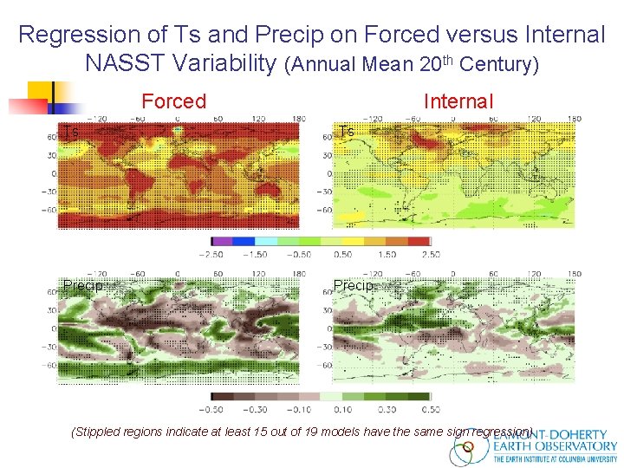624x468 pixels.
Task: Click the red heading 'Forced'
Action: tap(173, 101)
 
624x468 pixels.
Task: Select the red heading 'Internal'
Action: tap(458, 101)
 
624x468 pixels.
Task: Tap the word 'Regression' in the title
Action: tap(68, 35)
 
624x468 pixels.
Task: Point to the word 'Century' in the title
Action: tap(497, 64)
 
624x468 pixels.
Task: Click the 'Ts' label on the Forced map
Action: tap(71, 132)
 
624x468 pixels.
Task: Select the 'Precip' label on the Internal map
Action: tap(354, 286)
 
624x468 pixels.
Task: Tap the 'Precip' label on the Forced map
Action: tap(83, 286)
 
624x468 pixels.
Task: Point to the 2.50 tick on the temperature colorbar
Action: tap(430, 255)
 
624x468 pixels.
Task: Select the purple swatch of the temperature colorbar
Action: tap(223, 241)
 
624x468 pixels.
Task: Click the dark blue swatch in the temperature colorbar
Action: tap(244, 241)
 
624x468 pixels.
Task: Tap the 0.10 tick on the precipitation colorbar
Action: tap(343, 409)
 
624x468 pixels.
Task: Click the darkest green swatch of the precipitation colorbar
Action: tap(419, 396)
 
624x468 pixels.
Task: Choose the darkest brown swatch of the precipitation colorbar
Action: tap(223, 396)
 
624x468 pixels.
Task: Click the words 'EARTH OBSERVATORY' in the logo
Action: tap(555, 446)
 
